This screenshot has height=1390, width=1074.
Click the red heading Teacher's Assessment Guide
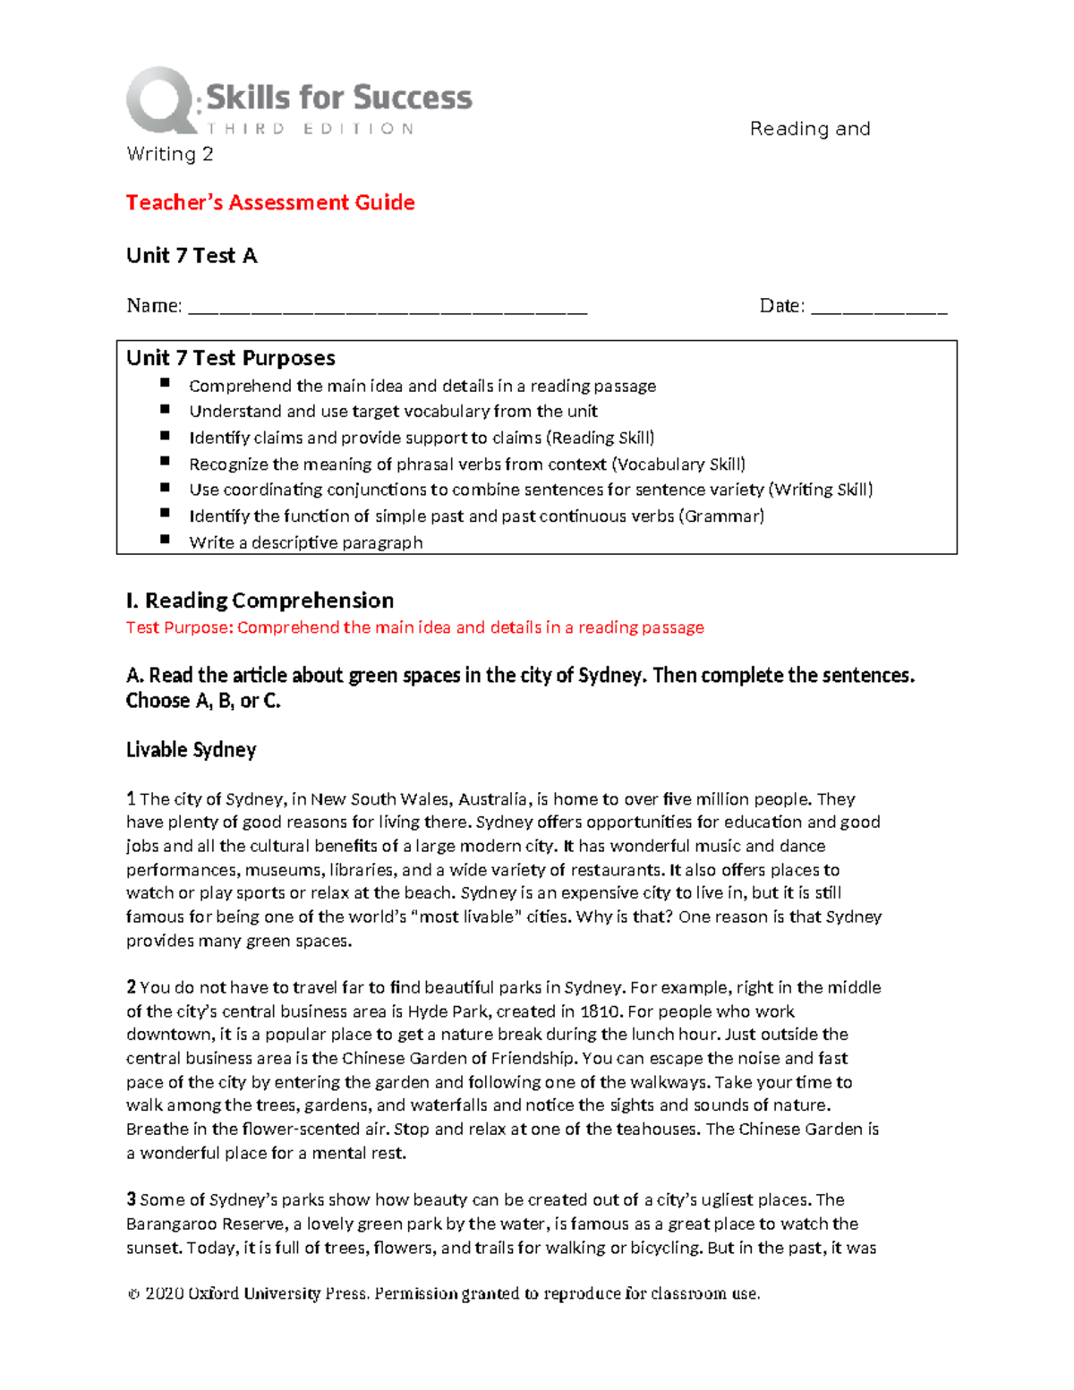[270, 203]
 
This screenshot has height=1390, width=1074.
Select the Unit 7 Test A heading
[192, 256]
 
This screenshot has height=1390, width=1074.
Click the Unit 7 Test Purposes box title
[231, 359]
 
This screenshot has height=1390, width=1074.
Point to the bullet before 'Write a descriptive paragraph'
[165, 540]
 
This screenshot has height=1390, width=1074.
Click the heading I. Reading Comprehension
[260, 601]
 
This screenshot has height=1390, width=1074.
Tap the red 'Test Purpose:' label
[179, 628]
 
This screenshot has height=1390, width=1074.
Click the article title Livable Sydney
[191, 750]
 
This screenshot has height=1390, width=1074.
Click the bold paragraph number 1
[131, 799]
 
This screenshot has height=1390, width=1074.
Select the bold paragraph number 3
[131, 1200]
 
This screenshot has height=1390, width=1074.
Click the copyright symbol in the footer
[133, 1294]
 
